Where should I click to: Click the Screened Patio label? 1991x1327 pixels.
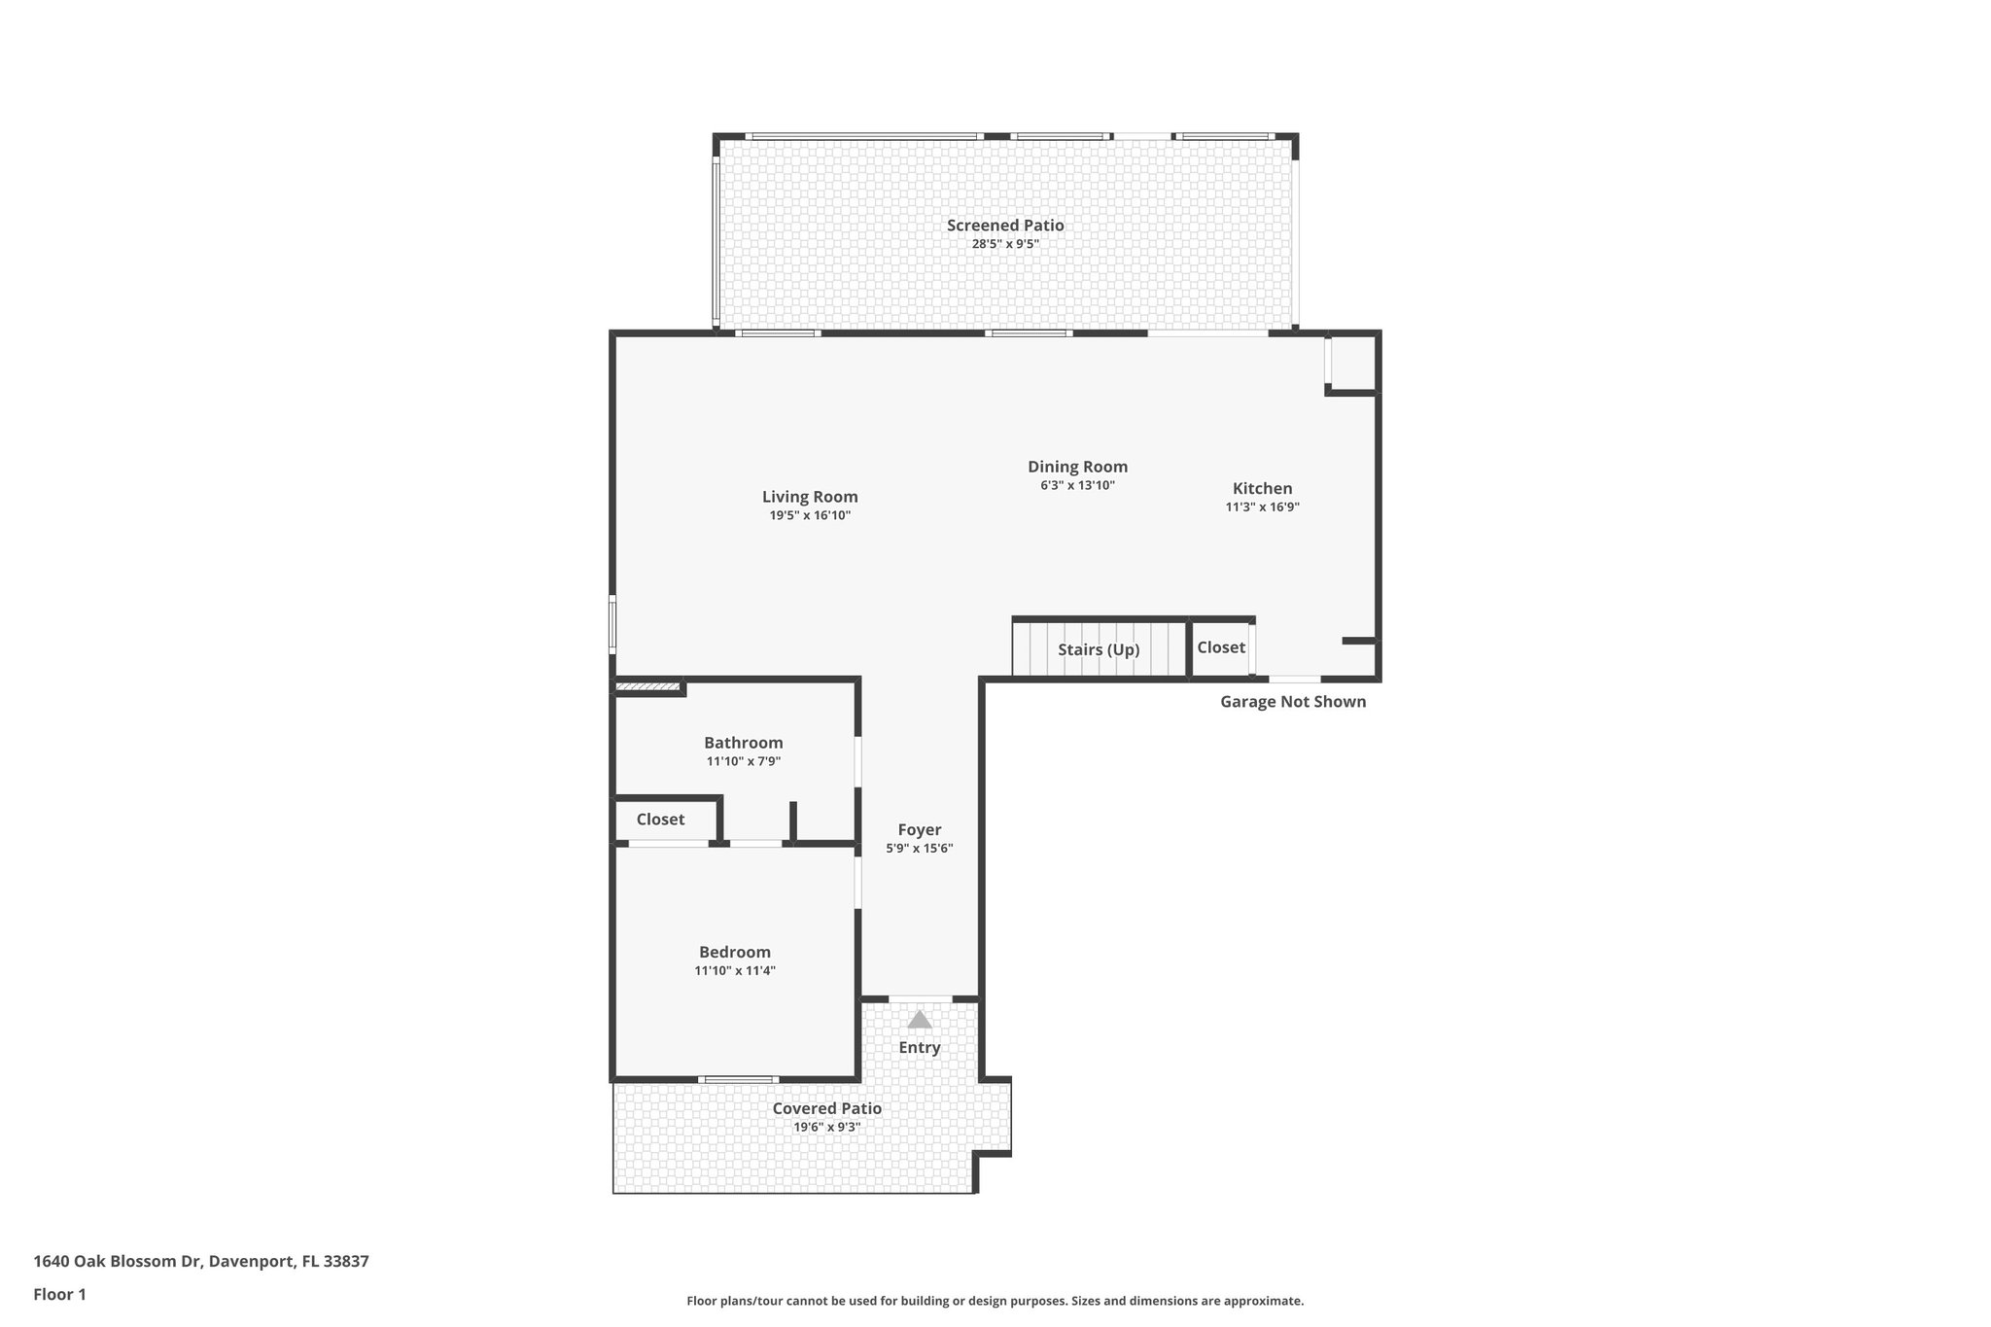tap(1005, 226)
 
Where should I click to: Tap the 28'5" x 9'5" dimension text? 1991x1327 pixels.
tap(1005, 244)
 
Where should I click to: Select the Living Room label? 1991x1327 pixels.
tap(810, 497)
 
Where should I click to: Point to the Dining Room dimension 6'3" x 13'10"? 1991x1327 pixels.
tap(1077, 485)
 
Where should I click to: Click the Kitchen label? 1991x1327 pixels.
tap(1262, 489)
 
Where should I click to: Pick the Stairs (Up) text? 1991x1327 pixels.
tap(1099, 649)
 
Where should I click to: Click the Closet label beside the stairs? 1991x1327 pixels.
tap(1220, 647)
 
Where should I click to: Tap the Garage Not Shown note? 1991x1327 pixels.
tap(1292, 702)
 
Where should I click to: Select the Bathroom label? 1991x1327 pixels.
tap(743, 743)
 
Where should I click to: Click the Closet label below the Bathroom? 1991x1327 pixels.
tap(660, 820)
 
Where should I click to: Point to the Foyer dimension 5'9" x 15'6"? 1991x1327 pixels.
tap(919, 849)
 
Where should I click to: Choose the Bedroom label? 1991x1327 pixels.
tap(734, 953)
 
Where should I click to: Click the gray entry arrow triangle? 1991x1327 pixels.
tap(919, 1020)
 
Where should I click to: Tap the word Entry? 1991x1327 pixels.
tap(919, 1048)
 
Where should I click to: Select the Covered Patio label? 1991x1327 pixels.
tap(826, 1108)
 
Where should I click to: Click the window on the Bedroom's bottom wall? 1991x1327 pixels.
tap(738, 1079)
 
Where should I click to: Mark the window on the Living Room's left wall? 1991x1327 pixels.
tap(612, 624)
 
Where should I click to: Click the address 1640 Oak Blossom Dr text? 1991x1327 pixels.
tap(201, 1262)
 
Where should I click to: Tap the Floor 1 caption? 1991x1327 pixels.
tap(59, 1295)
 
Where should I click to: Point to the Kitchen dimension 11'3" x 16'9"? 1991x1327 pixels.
tap(1262, 507)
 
